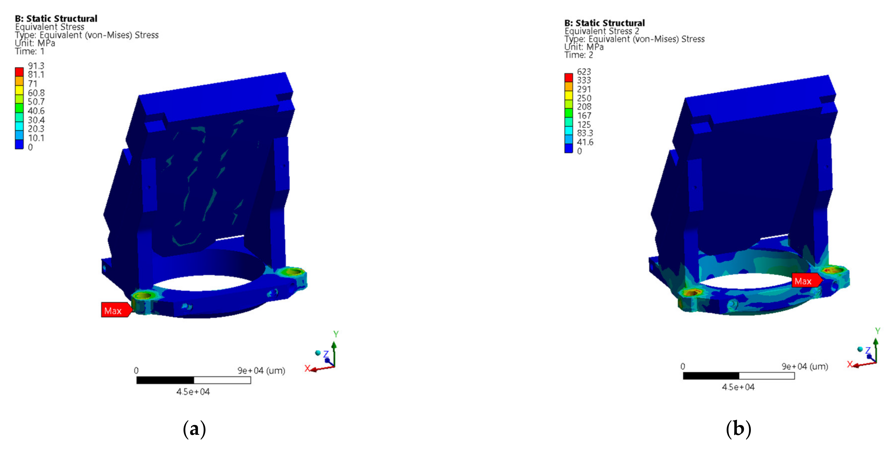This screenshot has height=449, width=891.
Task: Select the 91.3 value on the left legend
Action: pos(36,66)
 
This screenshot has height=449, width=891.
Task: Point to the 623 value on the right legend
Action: pos(584,72)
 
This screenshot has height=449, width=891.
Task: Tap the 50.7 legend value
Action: pos(36,102)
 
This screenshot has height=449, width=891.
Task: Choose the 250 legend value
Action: pos(584,98)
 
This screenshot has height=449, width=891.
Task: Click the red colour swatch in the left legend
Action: pos(19,72)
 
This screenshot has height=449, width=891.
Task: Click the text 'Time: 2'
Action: pos(579,55)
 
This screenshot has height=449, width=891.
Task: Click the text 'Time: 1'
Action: pos(30,51)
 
